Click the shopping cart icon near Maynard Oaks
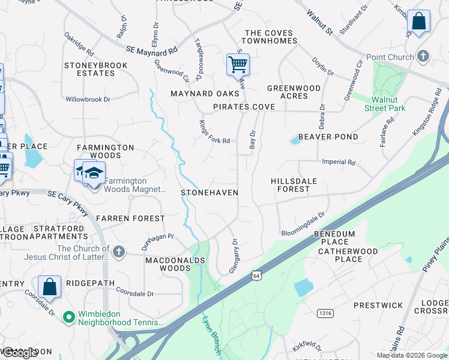[238, 64]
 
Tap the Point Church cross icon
[423, 57]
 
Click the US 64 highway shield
[256, 275]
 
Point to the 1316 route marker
[325, 313]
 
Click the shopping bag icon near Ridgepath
[49, 287]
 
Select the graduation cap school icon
[93, 173]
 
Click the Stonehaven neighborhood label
[209, 193]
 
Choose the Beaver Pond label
[328, 137]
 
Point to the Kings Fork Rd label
[214, 132]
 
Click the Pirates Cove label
[244, 107]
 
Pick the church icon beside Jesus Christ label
[119, 252]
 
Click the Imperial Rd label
[339, 162]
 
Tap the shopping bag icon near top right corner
[418, 21]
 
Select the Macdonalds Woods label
[175, 264]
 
